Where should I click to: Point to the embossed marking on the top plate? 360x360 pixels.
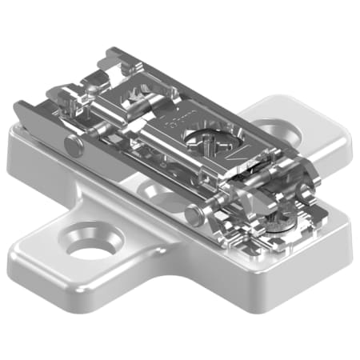(x=170, y=124)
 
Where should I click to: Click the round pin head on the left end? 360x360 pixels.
(x=73, y=145)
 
